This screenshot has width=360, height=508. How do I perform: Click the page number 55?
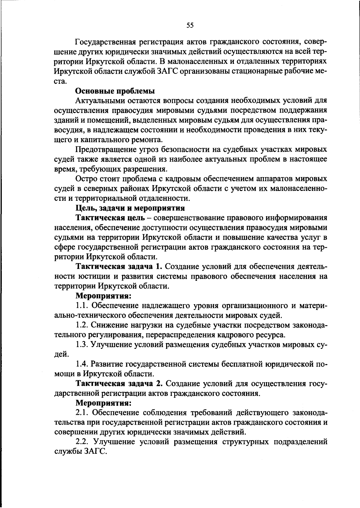point(190,25)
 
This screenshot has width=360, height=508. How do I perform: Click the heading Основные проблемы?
point(115,91)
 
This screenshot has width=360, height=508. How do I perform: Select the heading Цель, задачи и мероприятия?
point(130,208)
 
